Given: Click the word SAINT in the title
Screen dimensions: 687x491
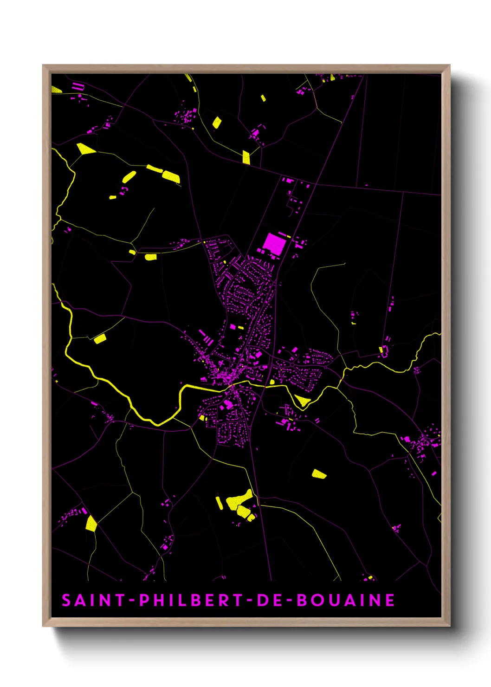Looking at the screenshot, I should pyautogui.click(x=93, y=600).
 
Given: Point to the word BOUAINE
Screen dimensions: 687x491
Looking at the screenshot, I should pyautogui.click(x=346, y=600).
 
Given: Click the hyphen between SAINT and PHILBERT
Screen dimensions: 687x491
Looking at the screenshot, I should pyautogui.click(x=132, y=601).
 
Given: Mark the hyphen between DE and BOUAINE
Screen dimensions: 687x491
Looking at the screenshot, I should pyautogui.click(x=289, y=601).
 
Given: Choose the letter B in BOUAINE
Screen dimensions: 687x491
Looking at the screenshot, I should pyautogui.click(x=303, y=600).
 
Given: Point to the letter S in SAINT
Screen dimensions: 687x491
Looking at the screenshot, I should pyautogui.click(x=67, y=600).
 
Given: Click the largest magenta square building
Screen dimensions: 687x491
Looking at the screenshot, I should pyautogui.click(x=274, y=244).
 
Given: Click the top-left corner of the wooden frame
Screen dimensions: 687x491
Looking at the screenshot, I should pyautogui.click(x=43, y=65).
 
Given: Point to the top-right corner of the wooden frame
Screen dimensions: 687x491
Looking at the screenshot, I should pyautogui.click(x=450, y=65).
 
